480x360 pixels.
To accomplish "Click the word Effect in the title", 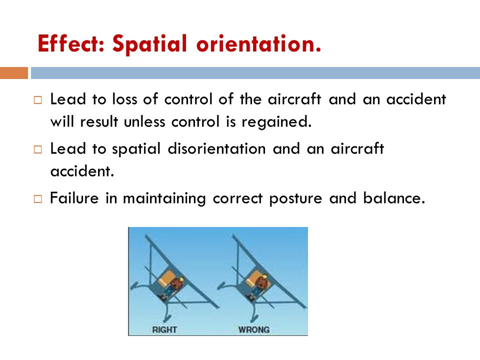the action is (71, 44).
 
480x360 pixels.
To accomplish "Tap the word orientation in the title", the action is (259, 44).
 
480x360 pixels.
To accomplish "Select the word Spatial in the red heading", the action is (149, 44).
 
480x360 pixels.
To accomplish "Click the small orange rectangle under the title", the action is (14, 73).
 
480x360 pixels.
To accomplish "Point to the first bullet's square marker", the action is (38, 100).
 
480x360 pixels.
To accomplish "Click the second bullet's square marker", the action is (38, 149).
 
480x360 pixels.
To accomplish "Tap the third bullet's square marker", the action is (38, 199).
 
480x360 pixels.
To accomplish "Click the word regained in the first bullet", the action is (276, 122).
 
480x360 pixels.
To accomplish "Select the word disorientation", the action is (216, 149).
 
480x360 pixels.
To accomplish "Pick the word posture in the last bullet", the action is (295, 199).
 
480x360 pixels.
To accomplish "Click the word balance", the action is (394, 198).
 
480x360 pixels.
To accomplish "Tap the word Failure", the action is (74, 198).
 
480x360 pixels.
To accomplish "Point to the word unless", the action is (144, 122).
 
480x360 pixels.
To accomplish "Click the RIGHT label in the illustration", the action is (164, 329).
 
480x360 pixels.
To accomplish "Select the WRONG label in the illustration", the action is (254, 329).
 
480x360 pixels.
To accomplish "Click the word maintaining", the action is (164, 199).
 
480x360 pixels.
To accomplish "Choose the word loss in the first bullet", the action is (124, 99).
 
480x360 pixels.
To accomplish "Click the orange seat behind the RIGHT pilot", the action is (167, 279).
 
